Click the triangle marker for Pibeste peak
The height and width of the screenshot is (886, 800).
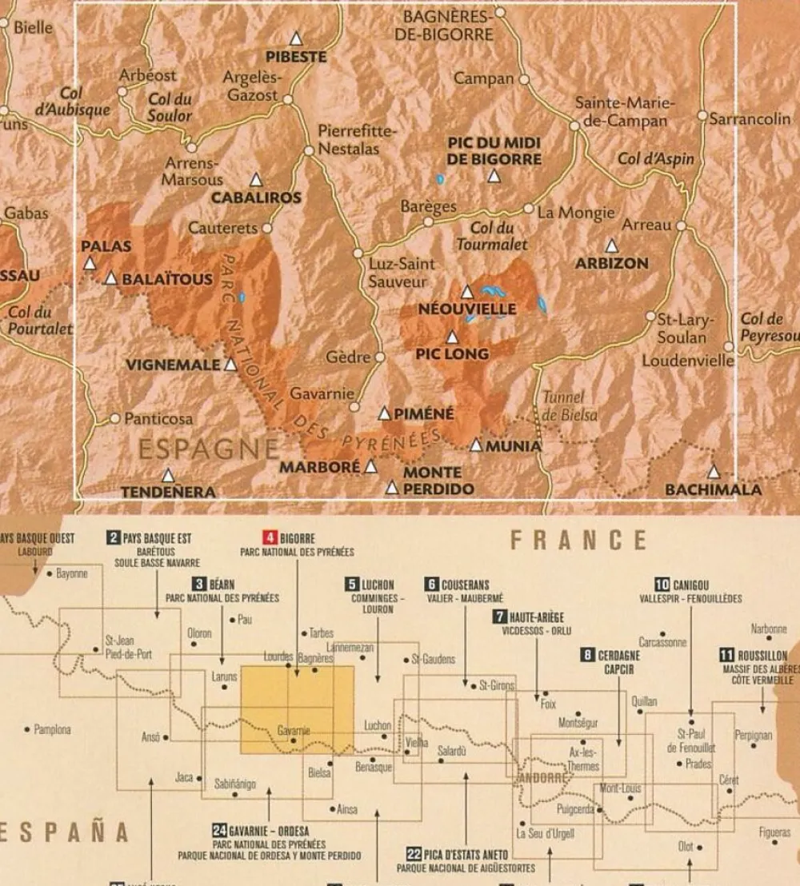coord(296,38)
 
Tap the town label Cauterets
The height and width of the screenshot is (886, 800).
coord(222,228)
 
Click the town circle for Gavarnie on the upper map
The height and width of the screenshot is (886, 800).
coord(354,407)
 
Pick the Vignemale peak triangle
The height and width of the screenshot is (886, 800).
coord(231,365)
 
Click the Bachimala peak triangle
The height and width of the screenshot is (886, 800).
coord(713,472)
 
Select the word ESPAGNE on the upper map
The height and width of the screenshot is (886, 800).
coord(209,449)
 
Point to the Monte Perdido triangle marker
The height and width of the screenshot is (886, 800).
coord(392,487)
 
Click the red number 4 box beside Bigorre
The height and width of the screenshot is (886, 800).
coord(270,538)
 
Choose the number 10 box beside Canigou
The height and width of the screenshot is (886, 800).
coord(662,585)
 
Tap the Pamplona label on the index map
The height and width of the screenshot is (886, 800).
coord(52,729)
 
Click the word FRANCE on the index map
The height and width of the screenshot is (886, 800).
coord(578,541)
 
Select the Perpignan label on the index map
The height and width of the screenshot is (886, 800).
coord(754,734)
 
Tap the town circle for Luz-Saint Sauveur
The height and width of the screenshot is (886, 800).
coord(358,253)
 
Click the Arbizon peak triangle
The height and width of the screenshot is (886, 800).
coord(611,245)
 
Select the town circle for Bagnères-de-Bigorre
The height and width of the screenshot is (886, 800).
coord(500,13)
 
